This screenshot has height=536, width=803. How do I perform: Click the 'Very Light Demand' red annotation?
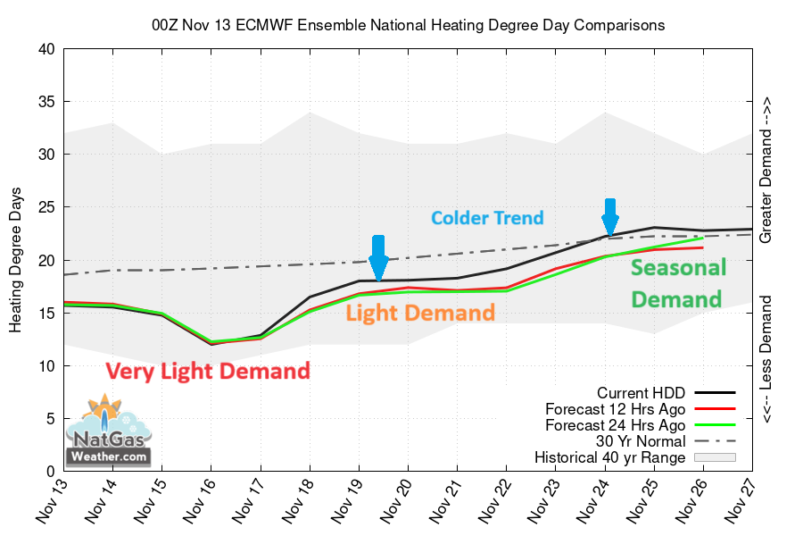(208, 371)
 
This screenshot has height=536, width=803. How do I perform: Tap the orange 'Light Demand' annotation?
(419, 313)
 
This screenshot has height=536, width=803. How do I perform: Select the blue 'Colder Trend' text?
(487, 217)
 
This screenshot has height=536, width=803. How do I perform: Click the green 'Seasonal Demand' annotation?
(678, 283)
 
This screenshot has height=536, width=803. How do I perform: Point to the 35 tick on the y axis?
(45, 102)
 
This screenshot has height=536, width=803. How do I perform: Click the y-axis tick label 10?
(45, 366)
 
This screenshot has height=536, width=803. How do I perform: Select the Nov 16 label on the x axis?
(202, 505)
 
